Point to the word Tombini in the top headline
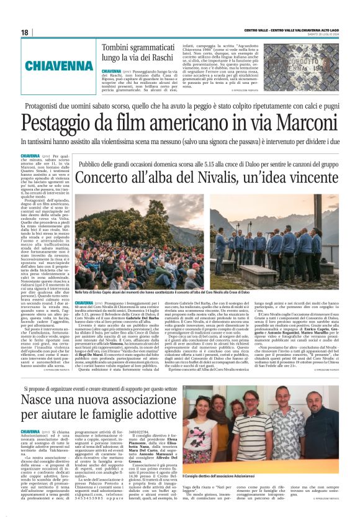[x=119, y=47]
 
